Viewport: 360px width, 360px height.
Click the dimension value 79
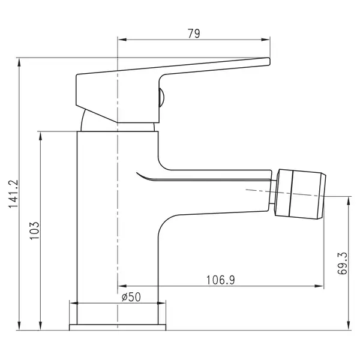coord(194,34)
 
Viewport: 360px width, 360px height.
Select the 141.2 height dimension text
coord(13,194)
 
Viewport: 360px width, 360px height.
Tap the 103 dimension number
coord(35,231)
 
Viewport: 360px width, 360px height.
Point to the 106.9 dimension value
coord(221,280)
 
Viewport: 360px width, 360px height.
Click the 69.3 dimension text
coord(343,263)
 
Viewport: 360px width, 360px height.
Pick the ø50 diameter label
coord(131,297)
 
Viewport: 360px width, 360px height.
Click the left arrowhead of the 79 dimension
coord(122,40)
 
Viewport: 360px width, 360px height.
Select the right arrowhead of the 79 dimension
coord(265,40)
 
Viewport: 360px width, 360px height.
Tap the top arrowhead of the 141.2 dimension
coord(19,62)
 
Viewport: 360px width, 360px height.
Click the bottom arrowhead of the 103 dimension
coord(40,326)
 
